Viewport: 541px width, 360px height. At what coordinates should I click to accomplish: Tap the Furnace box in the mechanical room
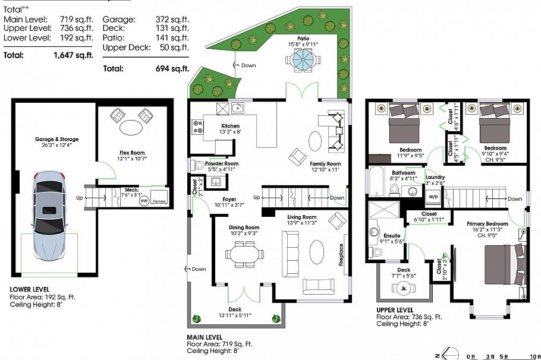point(159,198)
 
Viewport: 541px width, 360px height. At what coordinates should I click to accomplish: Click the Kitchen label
point(230,126)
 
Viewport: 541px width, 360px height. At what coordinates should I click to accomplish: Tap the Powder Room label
point(222,163)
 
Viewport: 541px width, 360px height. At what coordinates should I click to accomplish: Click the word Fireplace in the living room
point(341,255)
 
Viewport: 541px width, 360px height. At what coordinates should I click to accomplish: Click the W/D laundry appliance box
point(433,196)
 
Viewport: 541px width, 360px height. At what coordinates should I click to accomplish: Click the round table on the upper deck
point(404,288)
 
